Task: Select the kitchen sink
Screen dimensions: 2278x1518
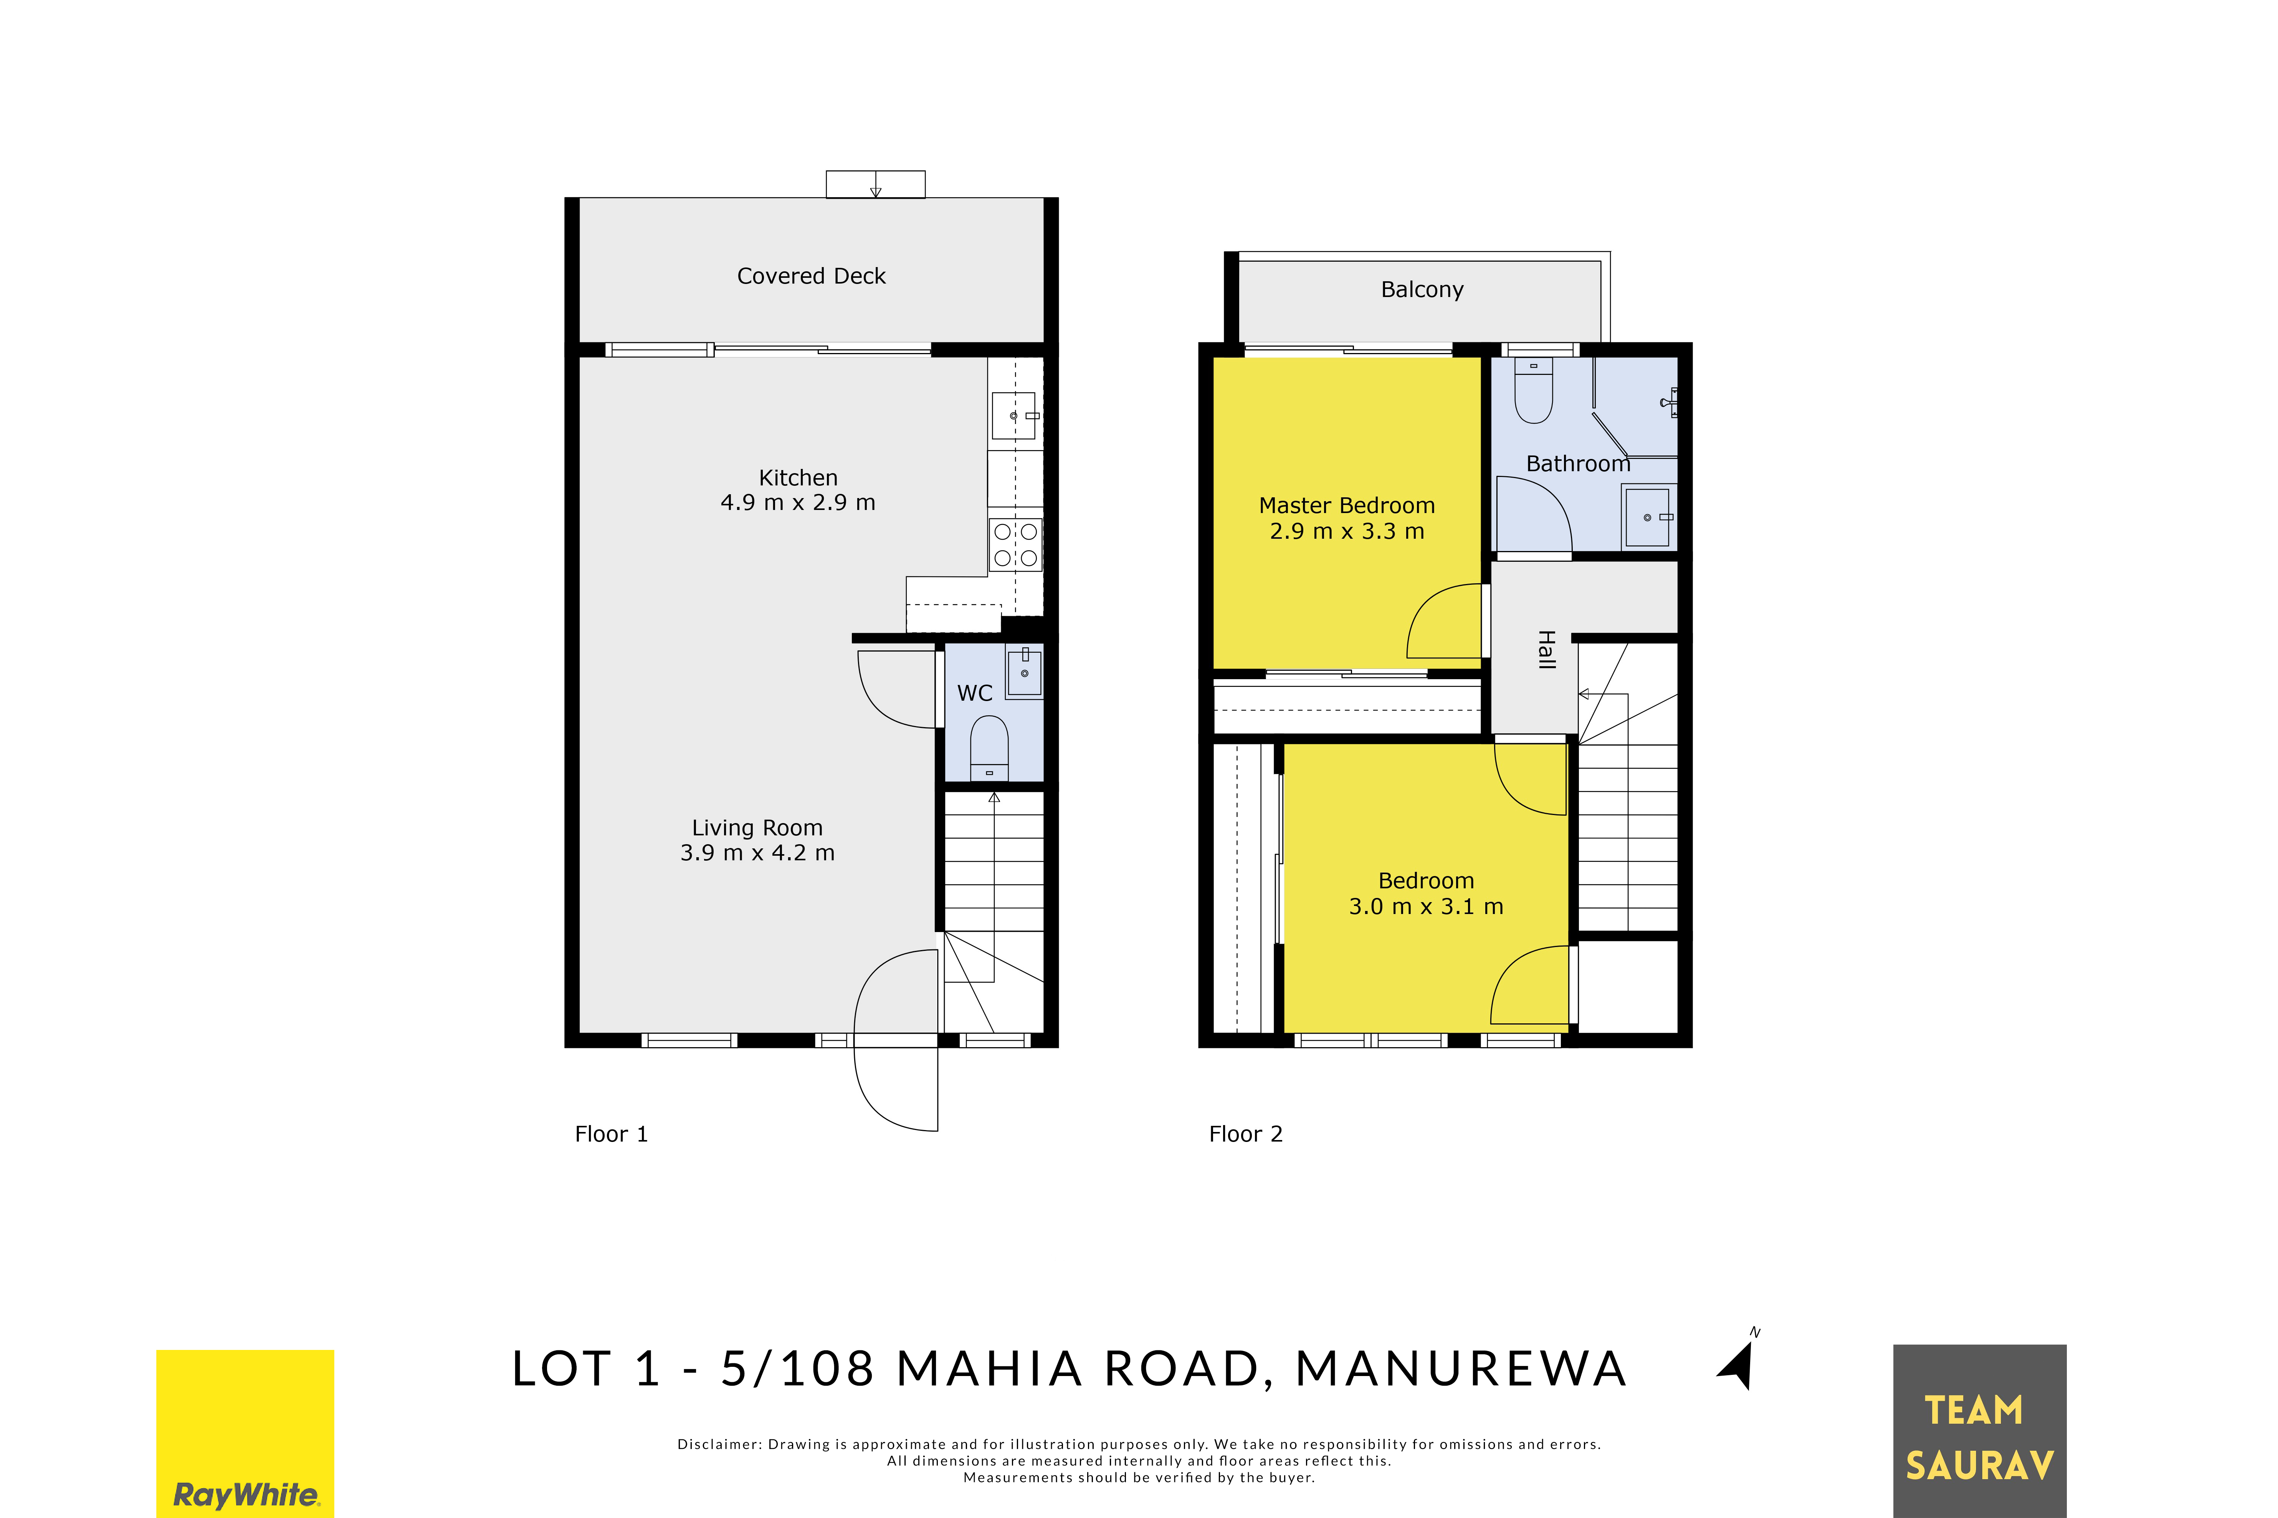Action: [x=1014, y=415]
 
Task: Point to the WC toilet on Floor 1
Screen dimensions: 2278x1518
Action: [x=989, y=747]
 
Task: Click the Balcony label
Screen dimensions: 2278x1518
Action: [x=1422, y=289]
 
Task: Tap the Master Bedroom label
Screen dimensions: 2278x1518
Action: [x=1346, y=505]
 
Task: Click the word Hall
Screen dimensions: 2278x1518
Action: [x=1547, y=650]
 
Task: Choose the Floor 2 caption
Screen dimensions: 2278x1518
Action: [x=1246, y=1134]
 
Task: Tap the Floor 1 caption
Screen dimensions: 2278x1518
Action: [x=611, y=1134]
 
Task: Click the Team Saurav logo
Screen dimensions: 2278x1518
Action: [x=1980, y=1431]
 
